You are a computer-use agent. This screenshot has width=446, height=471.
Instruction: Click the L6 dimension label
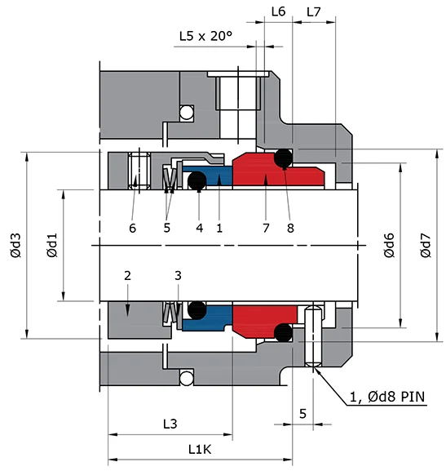277,12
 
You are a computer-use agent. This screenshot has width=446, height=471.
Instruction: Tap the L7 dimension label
314,12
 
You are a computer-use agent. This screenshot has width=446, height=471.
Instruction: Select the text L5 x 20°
205,36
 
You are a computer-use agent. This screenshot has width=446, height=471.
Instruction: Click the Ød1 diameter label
51,245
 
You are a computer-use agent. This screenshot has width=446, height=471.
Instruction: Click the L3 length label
170,424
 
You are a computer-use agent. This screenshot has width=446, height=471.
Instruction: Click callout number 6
132,228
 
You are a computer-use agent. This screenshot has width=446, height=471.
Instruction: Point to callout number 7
266,228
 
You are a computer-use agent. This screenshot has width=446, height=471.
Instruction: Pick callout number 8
290,228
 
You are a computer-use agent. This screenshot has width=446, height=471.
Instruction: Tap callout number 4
199,228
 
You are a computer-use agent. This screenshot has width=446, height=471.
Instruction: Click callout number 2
127,277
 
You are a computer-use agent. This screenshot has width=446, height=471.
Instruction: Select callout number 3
179,277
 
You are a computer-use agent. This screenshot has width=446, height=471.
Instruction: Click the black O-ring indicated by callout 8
284,158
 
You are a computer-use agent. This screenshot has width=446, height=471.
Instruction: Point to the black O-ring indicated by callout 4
197,180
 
